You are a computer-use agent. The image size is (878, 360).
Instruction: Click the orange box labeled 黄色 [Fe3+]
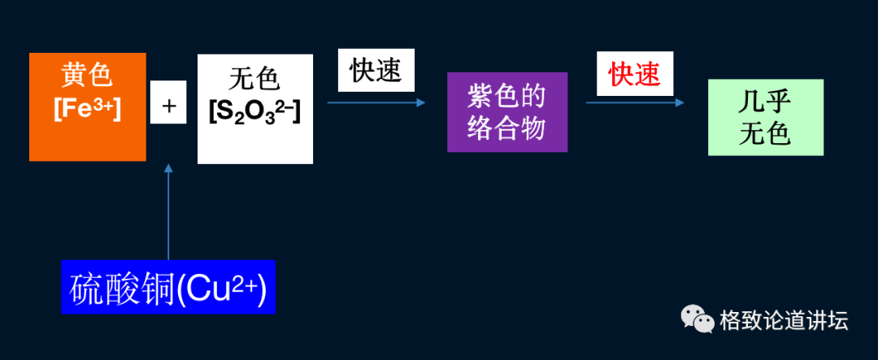(87, 106)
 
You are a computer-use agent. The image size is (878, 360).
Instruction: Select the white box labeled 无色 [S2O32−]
(254, 109)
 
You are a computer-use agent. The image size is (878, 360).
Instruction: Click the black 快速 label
(376, 71)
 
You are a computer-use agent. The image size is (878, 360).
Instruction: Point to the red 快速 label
(635, 75)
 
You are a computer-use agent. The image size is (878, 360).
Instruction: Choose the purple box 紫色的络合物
(506, 112)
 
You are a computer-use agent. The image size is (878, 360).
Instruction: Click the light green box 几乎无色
(765, 117)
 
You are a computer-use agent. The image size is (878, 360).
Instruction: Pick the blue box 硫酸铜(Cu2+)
(168, 287)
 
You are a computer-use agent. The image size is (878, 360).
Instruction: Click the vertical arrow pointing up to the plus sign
(168, 211)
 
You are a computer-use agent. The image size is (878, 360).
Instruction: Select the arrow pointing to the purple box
(376, 102)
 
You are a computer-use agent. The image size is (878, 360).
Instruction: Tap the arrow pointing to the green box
(635, 102)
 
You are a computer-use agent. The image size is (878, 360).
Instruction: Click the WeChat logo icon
(697, 319)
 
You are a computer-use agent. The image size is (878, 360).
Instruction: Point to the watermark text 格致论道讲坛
(784, 320)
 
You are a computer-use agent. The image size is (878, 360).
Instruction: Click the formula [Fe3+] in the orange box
(87, 110)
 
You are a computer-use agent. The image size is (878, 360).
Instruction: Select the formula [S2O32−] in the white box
(254, 111)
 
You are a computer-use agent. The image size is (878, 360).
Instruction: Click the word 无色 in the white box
(254, 79)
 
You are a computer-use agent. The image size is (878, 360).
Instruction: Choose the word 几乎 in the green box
(765, 102)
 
